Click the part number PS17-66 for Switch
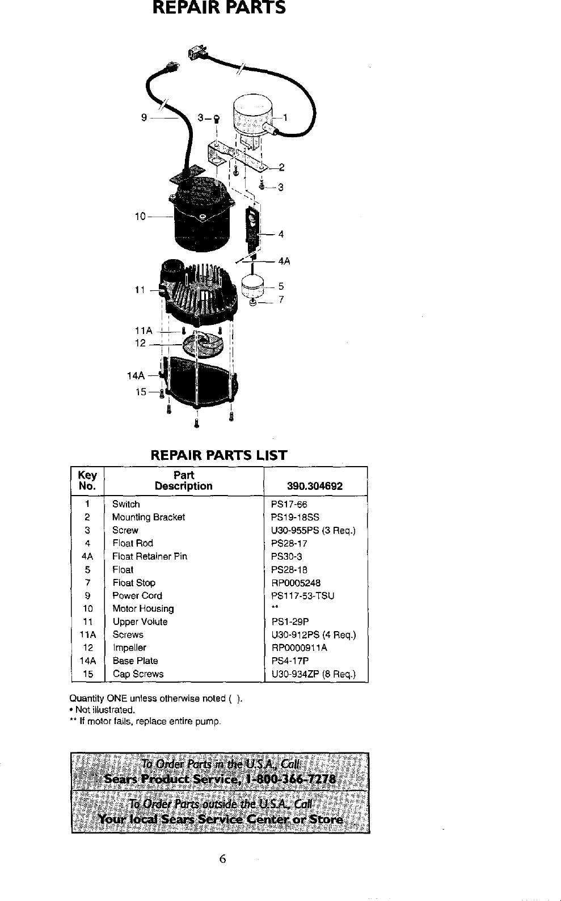[x=289, y=504]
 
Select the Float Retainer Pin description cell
[x=149, y=556]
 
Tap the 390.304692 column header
[x=315, y=486]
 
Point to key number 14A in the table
[x=87, y=661]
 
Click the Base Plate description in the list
[x=135, y=661]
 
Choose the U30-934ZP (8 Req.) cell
[x=314, y=674]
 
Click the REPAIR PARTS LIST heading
[x=218, y=455]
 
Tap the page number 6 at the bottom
[x=223, y=859]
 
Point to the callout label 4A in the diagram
[x=284, y=261]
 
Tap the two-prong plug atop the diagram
[x=198, y=53]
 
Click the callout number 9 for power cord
[x=144, y=118]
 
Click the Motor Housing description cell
[x=143, y=608]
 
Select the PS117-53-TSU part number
[x=302, y=595]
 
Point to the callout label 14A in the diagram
[x=136, y=375]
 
